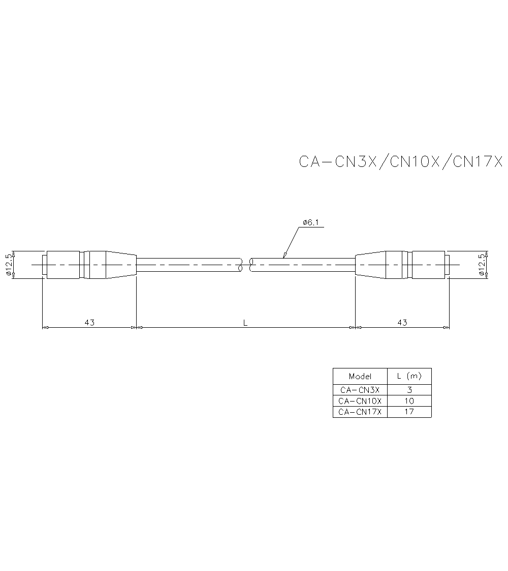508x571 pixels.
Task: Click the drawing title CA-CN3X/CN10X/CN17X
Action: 400,161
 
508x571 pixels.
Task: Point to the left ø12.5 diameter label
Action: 8,265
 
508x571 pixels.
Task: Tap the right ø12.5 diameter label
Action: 481,265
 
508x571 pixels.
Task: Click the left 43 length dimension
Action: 89,322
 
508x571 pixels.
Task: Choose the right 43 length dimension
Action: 402,322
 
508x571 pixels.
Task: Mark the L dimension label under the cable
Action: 245,322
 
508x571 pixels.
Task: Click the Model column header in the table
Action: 360,377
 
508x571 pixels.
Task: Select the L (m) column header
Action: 409,377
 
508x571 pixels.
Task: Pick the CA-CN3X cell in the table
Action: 360,390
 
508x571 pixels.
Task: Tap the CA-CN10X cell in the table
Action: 360,401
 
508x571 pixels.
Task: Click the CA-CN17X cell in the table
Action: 360,412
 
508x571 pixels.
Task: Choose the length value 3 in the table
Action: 409,390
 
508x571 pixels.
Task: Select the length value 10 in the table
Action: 409,401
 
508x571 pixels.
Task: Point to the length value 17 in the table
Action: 409,412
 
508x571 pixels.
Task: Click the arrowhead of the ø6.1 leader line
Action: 285,254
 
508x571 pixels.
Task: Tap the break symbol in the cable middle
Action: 246,265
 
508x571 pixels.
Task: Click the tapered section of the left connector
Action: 121,265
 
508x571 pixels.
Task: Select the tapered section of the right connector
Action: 370,265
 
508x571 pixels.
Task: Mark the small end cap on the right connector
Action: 447,265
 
